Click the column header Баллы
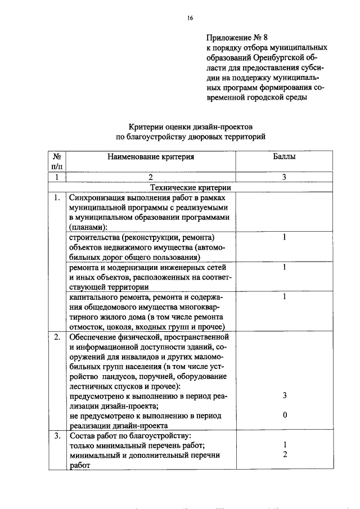coord(285,157)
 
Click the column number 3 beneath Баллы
coord(285,178)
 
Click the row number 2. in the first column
coord(57,337)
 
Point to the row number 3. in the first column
coord(57,436)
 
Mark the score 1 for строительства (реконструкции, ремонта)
coord(285,237)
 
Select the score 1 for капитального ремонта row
coord(285,296)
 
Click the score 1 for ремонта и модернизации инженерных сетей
coord(285,267)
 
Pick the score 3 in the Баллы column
coord(285,395)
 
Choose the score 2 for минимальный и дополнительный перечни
coord(285,455)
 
